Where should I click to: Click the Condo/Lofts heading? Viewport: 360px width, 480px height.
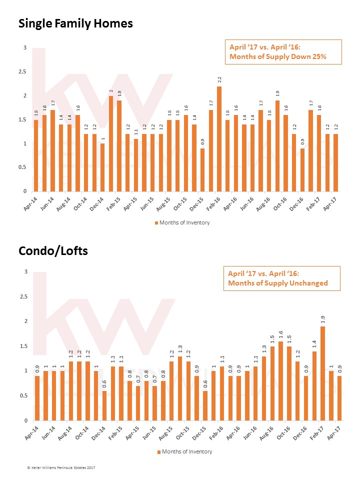53,251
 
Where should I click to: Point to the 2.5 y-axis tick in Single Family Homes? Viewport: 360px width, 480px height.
22,71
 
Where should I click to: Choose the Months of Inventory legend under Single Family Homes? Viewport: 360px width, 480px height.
182,223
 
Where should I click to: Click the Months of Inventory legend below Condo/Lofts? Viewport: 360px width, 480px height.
185,452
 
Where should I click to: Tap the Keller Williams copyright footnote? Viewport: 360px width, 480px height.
61,467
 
